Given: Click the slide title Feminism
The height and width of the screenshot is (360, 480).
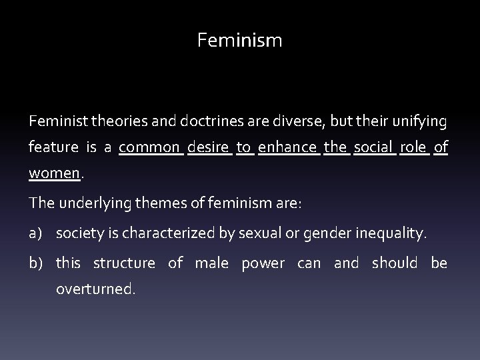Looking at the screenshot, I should (240, 41).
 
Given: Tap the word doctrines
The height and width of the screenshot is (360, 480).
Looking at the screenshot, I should (211, 122).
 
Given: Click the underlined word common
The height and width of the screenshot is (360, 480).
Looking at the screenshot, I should (151, 147).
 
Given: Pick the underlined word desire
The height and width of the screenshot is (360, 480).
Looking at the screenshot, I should (210, 147).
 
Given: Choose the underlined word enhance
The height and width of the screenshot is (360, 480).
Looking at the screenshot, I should (287, 147).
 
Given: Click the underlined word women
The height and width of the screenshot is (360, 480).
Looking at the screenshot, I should (54, 173).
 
